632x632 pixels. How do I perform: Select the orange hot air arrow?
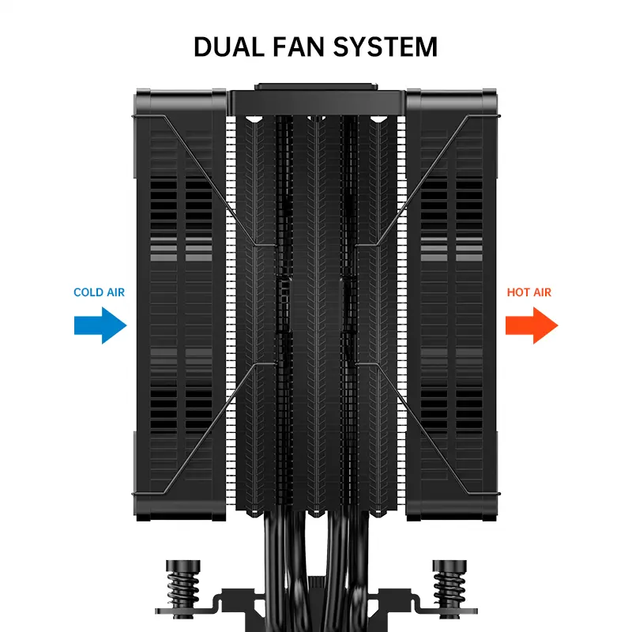532,325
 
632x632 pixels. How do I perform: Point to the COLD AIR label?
99,292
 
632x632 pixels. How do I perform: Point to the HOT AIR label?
529,292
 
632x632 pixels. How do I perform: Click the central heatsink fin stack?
316,316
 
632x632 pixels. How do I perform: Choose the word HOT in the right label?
519,292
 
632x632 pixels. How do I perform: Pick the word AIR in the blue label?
115,292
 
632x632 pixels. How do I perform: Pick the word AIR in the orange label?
542,292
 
